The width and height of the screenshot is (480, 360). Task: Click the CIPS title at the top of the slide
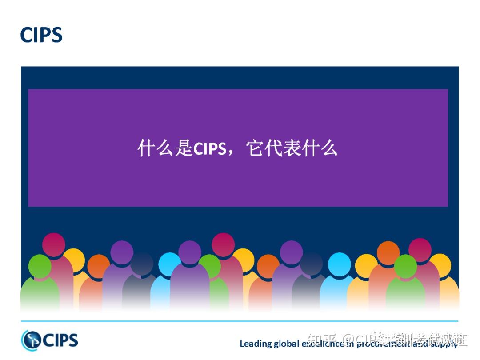click(x=41, y=35)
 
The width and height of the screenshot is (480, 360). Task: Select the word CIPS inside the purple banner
click(x=210, y=148)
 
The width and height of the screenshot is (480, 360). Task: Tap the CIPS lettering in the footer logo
click(x=60, y=340)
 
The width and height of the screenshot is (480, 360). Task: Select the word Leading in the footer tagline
click(x=255, y=344)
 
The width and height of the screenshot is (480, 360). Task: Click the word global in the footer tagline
click(x=286, y=344)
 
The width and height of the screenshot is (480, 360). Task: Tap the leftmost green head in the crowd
click(x=40, y=265)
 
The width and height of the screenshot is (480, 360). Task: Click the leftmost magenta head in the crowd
click(x=53, y=244)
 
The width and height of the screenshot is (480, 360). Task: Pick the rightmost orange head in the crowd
click(x=388, y=252)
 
